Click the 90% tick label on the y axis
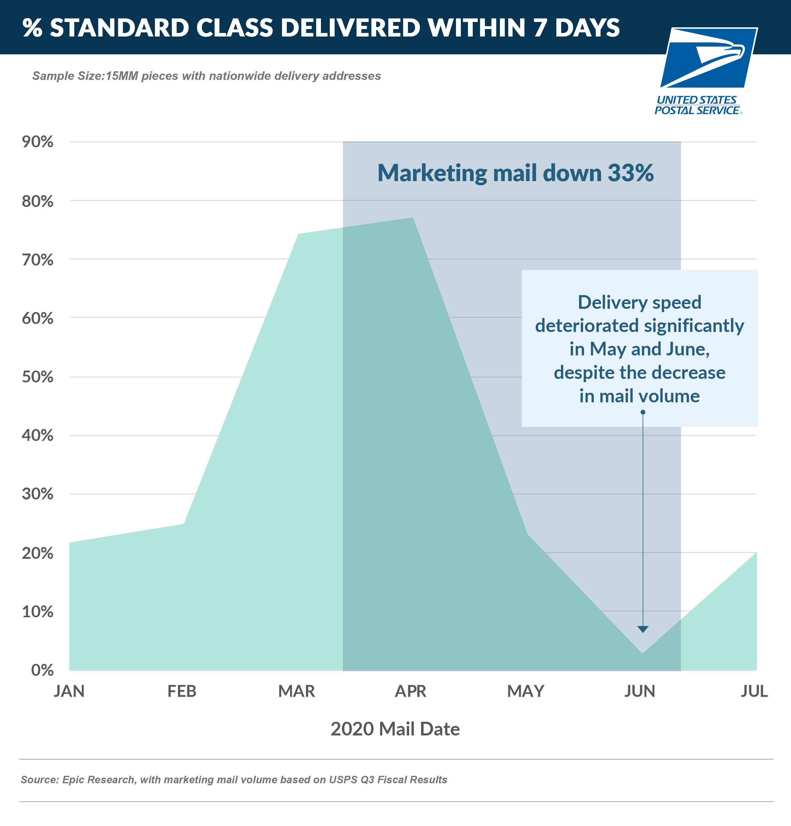click(37, 142)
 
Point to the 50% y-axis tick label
click(37, 377)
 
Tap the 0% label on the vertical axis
click(42, 670)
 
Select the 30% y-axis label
click(37, 494)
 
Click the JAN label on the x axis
click(69, 692)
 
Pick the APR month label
click(410, 692)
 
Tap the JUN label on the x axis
click(639, 692)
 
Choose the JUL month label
click(754, 692)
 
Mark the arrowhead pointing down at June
click(643, 629)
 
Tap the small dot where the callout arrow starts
click(643, 412)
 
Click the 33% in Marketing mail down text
click(630, 173)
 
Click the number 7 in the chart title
click(541, 28)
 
